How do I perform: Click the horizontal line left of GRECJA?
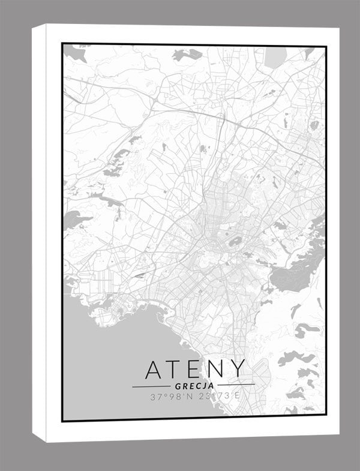(150, 386)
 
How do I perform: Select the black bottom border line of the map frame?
(192, 421)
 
